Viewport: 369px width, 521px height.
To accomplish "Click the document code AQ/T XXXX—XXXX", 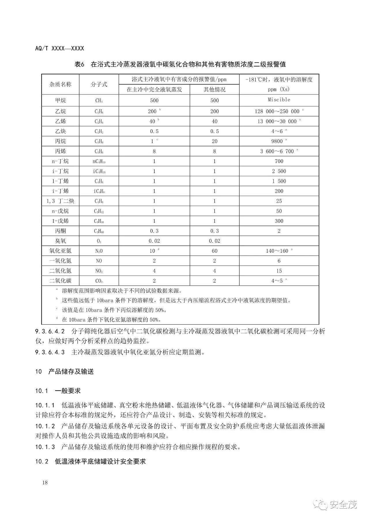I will (x=59, y=48).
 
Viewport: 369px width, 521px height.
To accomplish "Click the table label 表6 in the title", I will (x=79, y=64).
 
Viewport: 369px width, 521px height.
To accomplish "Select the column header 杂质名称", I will (x=60, y=84).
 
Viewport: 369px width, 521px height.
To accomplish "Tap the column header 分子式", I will (x=99, y=84).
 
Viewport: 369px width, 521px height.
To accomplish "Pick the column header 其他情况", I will (x=214, y=90).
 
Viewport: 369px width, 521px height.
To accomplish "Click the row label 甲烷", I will (x=60, y=100).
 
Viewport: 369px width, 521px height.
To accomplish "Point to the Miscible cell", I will (x=279, y=100).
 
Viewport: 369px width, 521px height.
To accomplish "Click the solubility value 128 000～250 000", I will (x=277, y=111).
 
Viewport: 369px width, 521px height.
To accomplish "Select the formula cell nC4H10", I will (x=99, y=161).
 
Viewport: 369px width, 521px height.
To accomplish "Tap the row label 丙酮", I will (x=60, y=231).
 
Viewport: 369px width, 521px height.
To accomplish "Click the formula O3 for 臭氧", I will (x=99, y=241).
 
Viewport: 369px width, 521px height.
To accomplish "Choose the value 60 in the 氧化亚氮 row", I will (x=214, y=251).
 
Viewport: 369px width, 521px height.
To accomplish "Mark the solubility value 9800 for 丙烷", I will (x=277, y=141).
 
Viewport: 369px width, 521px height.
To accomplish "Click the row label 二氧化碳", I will (x=60, y=281).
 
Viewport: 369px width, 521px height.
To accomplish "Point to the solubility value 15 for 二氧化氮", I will (x=279, y=271).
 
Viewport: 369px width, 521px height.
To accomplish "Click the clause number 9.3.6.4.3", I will (x=50, y=352).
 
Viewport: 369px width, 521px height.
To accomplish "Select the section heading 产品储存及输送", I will (x=71, y=371).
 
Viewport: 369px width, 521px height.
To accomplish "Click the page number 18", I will (x=45, y=483).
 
